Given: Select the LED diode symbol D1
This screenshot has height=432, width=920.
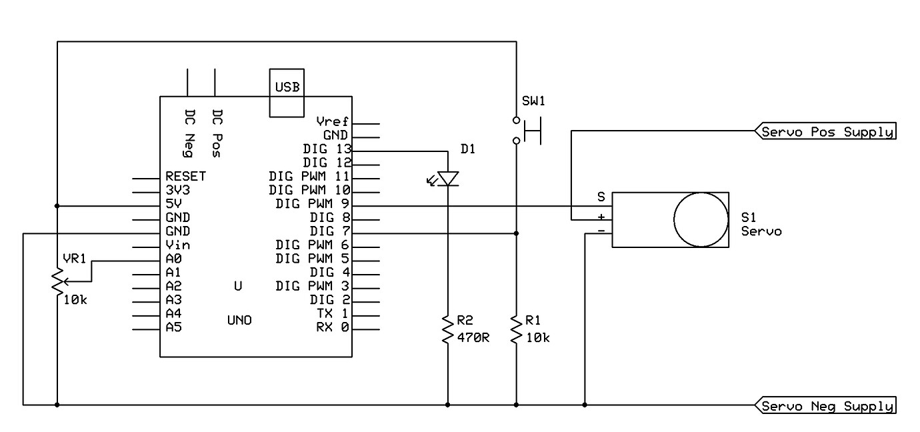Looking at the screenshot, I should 448,178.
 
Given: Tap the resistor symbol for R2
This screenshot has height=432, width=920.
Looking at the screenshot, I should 448,331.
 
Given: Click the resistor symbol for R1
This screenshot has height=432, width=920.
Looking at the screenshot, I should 516,331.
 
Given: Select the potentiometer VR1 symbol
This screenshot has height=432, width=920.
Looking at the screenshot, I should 58,281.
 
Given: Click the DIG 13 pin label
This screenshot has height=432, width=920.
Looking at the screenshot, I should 327,149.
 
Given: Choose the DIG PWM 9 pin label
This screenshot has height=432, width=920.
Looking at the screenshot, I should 313,203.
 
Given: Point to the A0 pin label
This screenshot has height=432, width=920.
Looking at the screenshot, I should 173,259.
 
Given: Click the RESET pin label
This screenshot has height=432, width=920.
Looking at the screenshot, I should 185,177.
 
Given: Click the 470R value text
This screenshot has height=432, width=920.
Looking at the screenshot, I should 475,337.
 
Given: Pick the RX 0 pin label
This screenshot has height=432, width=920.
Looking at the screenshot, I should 332,327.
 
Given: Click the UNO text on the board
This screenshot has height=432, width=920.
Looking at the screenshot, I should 239,321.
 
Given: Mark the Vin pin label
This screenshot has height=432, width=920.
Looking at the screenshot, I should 177,245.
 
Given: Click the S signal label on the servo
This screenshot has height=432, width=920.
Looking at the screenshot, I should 601,197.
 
